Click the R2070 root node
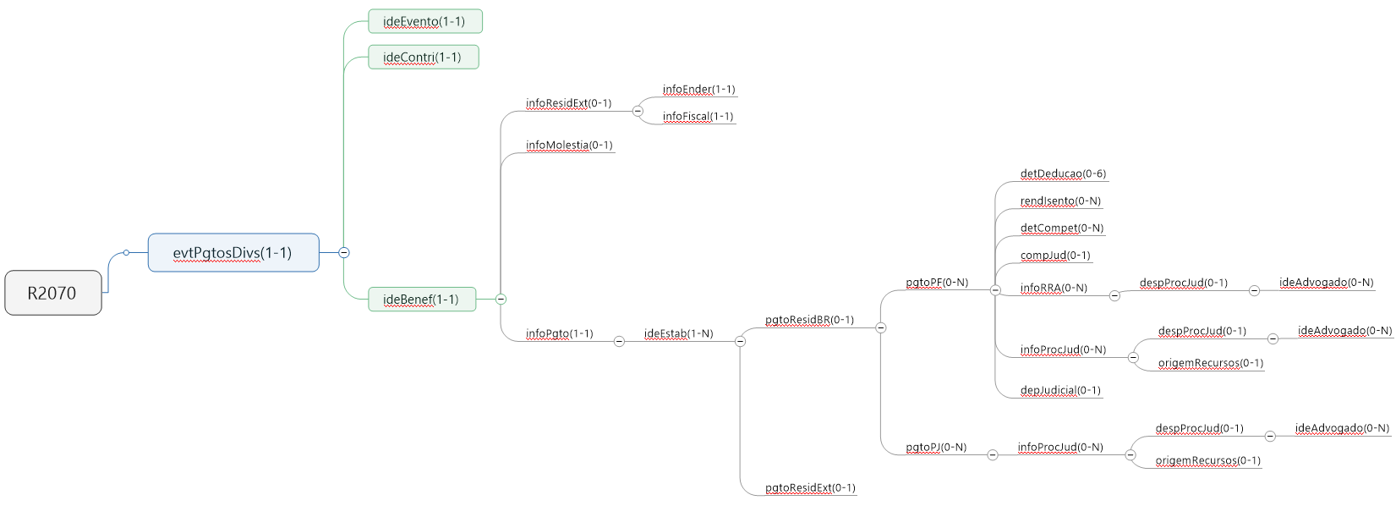(x=52, y=293)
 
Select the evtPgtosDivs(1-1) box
(x=233, y=252)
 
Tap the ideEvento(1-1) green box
(x=424, y=21)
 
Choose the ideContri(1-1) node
(x=423, y=58)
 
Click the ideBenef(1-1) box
(x=421, y=300)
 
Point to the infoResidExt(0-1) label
(x=568, y=103)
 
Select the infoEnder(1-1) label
(x=698, y=89)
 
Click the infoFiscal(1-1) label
(x=698, y=116)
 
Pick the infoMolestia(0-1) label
(x=569, y=145)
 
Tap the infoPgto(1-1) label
(x=559, y=333)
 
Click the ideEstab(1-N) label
(x=678, y=333)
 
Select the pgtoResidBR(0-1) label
(x=809, y=320)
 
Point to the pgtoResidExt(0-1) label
(x=810, y=487)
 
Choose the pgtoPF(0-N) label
(x=937, y=282)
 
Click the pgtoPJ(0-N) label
(x=936, y=447)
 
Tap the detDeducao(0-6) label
(x=1063, y=173)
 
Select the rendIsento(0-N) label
(x=1060, y=201)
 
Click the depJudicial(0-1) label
(x=1060, y=390)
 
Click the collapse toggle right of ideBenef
(x=501, y=299)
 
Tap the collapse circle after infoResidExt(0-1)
(x=638, y=111)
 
